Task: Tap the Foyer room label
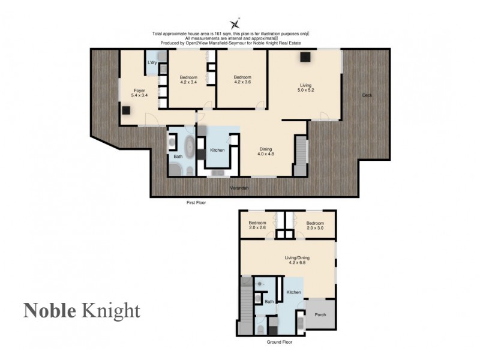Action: tap(139, 93)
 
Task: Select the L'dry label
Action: tap(152, 63)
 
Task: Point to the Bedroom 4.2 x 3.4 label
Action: tap(188, 80)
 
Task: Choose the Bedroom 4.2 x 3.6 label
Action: tap(242, 80)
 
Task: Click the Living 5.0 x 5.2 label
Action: tap(306, 88)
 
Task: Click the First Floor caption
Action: tap(196, 203)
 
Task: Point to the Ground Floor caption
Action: tap(279, 342)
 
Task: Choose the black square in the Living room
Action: tap(305, 57)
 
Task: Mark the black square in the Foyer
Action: tap(127, 110)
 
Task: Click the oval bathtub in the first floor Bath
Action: tap(190, 147)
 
